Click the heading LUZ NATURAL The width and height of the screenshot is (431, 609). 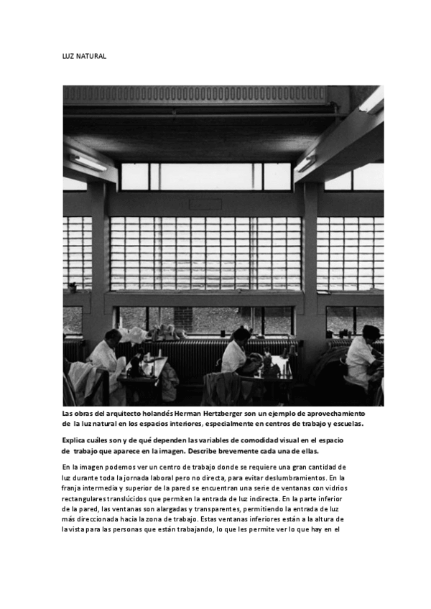tap(83, 56)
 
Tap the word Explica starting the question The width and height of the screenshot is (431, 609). tap(75, 440)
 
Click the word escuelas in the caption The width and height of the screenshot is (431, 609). tap(346, 424)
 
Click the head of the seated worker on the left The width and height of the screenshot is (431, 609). tap(113, 336)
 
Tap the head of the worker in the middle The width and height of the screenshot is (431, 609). tap(242, 335)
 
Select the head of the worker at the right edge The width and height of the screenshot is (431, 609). tap(370, 333)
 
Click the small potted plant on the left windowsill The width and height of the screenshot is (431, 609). tap(73, 287)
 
